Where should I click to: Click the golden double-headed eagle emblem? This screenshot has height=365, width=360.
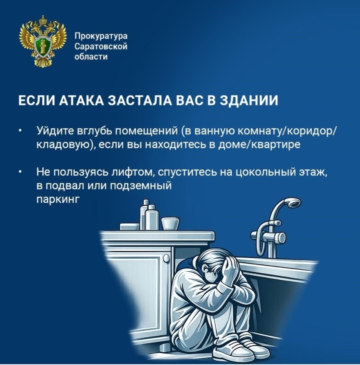(x=43, y=41)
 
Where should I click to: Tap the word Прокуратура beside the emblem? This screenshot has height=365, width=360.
(x=101, y=36)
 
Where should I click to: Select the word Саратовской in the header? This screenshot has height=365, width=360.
(x=101, y=46)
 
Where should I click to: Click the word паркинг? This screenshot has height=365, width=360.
(x=57, y=200)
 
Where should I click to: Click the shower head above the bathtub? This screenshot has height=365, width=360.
(x=293, y=202)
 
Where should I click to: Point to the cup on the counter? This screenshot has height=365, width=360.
(x=170, y=224)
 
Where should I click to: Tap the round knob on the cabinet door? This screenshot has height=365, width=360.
(x=166, y=258)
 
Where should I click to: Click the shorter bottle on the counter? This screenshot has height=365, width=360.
(x=152, y=218)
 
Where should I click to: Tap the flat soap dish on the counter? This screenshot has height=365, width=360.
(x=130, y=227)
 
